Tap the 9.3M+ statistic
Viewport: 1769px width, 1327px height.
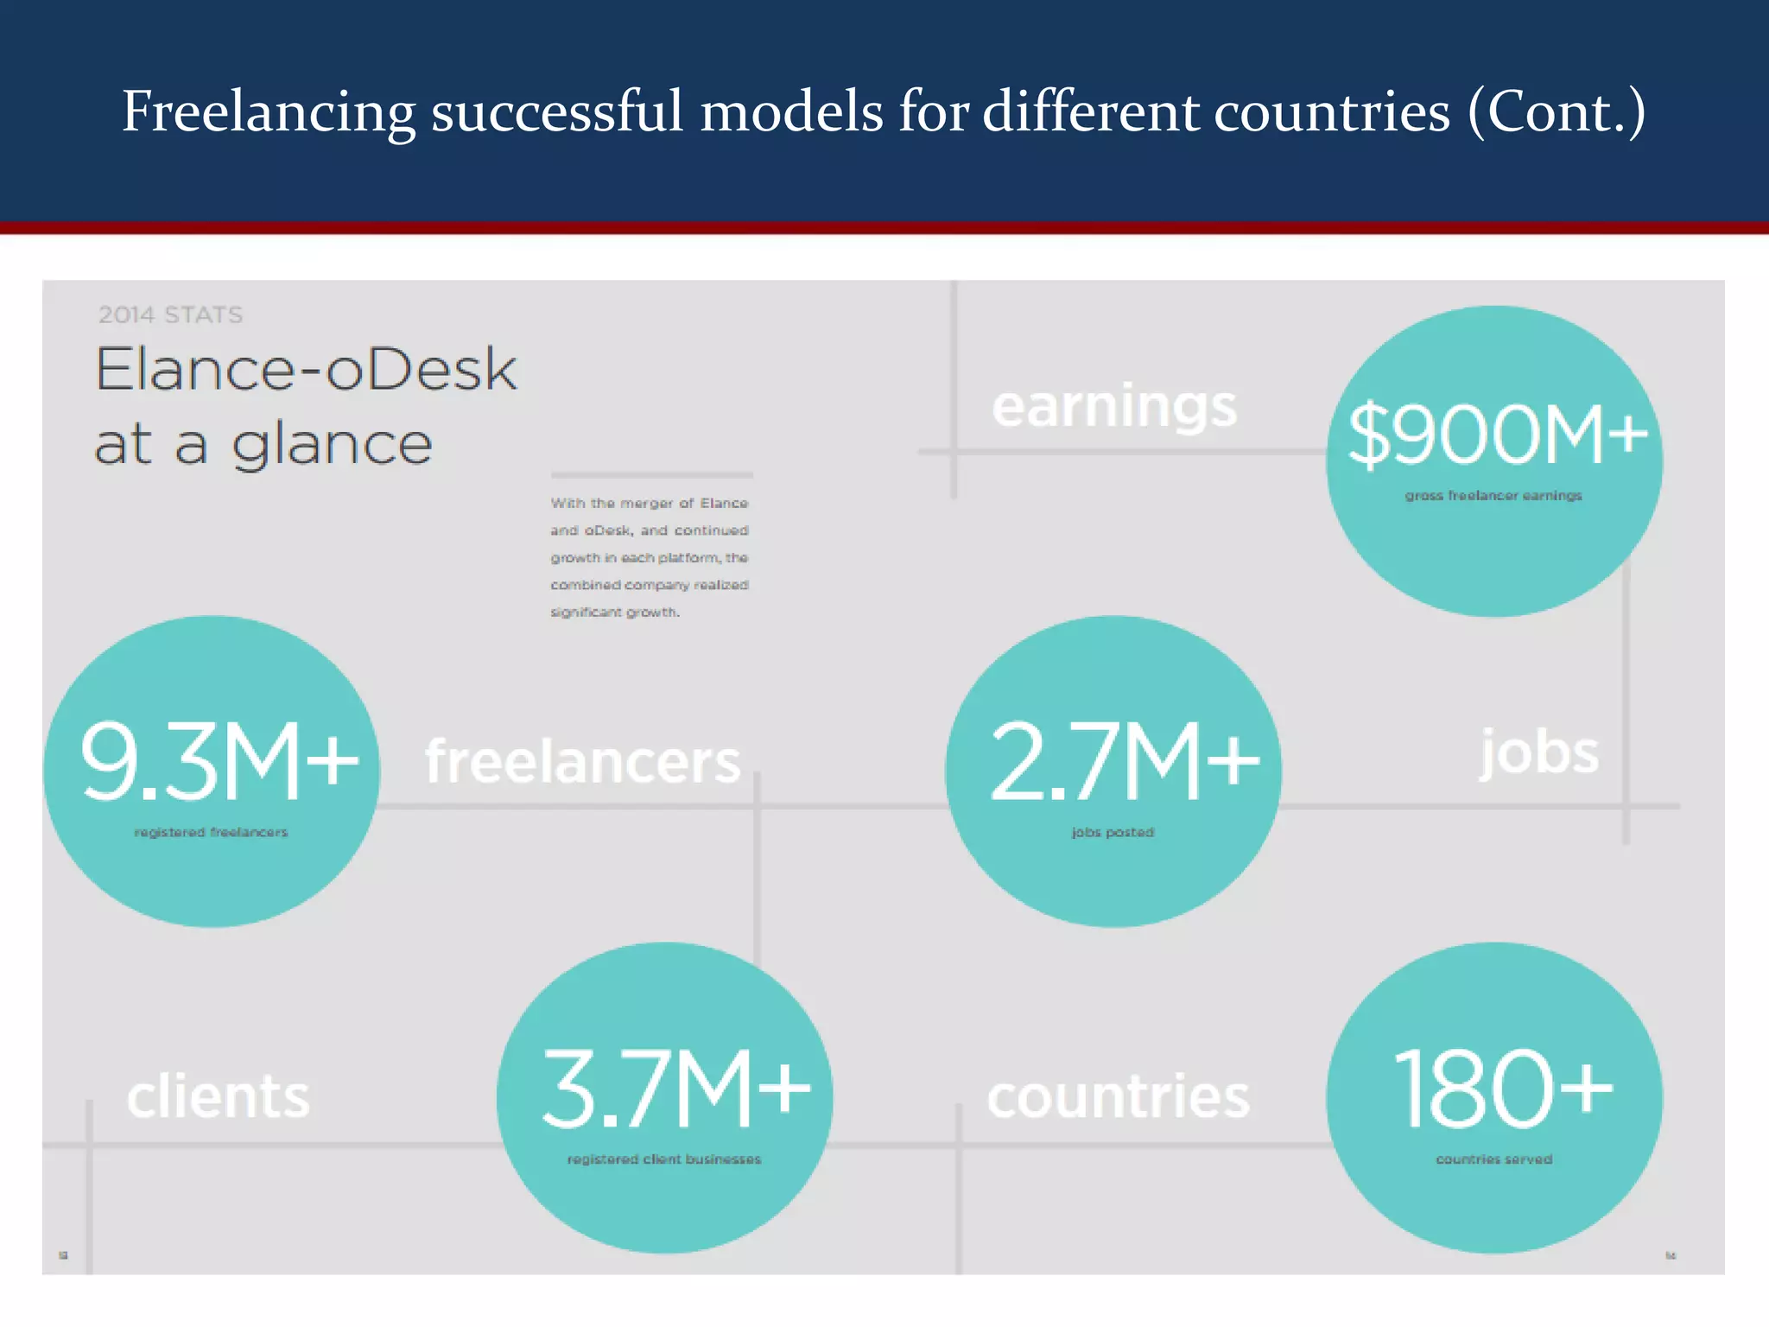219,761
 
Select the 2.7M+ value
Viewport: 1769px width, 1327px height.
1124,761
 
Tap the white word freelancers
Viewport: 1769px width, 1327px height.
583,762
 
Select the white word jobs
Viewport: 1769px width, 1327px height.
1539,752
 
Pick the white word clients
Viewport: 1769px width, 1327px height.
218,1097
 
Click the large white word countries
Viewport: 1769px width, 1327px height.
1119,1097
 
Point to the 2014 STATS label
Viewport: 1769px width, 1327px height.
170,314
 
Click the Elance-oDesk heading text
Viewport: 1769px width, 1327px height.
306,370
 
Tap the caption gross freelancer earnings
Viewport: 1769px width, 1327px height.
1493,496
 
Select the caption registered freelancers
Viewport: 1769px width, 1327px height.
211,833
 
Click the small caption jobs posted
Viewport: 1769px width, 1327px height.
1113,833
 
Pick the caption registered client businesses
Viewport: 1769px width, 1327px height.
663,1159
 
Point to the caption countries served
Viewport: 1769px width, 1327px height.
1494,1159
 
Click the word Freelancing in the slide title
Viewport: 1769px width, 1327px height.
269,112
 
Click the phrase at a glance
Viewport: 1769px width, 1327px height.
263,444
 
